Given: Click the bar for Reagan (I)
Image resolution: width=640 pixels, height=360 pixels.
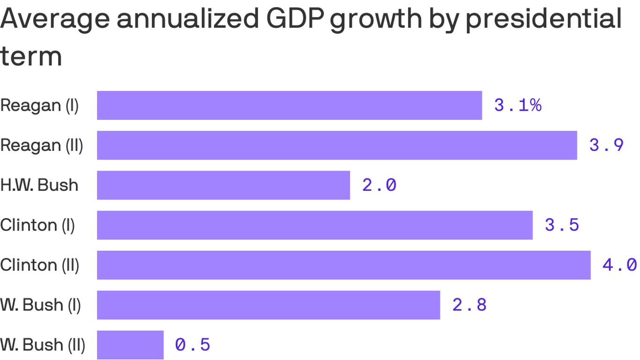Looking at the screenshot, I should click(x=289, y=105).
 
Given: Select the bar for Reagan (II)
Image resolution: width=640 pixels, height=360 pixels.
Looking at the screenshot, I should click(x=337, y=145).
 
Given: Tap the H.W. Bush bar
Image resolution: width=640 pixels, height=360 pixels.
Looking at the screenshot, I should click(x=223, y=185).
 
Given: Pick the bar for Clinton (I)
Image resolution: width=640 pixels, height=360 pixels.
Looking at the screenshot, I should click(x=314, y=225).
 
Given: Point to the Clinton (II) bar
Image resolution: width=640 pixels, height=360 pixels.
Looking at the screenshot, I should click(x=343, y=265).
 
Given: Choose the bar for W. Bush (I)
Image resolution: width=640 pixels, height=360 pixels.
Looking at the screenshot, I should click(x=268, y=305).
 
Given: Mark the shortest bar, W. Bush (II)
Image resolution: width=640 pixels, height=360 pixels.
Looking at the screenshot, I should click(x=130, y=345).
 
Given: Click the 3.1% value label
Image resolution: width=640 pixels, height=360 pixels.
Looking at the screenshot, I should click(x=518, y=105).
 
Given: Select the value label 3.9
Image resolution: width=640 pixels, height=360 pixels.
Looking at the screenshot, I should click(x=606, y=145).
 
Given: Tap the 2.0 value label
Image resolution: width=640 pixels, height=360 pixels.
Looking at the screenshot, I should click(x=379, y=185).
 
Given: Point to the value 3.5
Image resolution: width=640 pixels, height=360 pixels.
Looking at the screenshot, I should click(x=562, y=225).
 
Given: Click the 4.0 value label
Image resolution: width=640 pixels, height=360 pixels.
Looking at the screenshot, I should click(x=619, y=265).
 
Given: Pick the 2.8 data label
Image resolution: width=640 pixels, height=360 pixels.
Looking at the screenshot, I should click(x=469, y=305).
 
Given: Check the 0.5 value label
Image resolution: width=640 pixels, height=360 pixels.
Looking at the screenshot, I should click(x=193, y=345).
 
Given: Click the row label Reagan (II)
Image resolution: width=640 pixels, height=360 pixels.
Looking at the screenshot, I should click(x=42, y=145).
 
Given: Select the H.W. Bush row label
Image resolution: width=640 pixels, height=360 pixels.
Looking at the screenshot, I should click(x=39, y=185).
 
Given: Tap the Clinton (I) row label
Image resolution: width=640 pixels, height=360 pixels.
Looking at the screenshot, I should click(x=37, y=225).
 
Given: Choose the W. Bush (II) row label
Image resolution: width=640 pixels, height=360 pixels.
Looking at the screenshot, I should click(x=43, y=345).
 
